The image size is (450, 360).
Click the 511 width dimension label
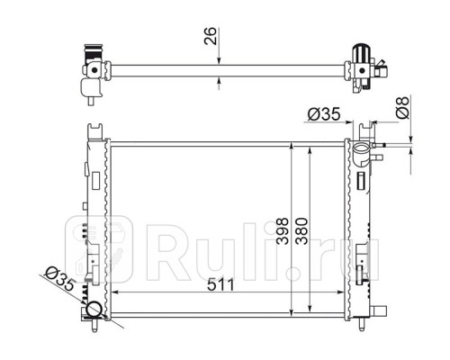click(x=220, y=284)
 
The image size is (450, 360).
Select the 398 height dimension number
click(x=283, y=231)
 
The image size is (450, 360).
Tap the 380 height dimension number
click(x=301, y=231)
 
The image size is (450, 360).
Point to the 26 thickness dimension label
click(x=210, y=36)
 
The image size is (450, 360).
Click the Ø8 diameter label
click(x=402, y=107)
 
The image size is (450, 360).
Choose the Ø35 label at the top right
click(x=324, y=114)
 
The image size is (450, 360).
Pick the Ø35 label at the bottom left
click(x=59, y=280)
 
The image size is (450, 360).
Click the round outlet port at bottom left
click(x=94, y=310)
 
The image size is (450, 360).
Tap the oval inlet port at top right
click(x=362, y=148)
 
